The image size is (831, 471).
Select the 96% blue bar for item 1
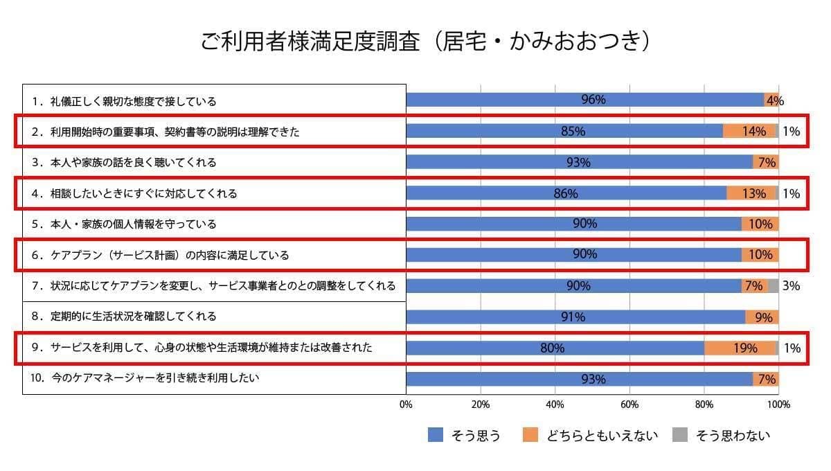point(584,100)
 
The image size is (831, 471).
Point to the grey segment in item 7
point(773,285)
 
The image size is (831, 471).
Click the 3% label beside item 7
point(791,285)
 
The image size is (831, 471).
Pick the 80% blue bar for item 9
point(555,348)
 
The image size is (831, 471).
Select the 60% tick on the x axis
point(629,404)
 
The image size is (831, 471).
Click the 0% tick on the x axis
point(406,404)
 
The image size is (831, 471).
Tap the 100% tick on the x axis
point(778,404)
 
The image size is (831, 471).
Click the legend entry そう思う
point(464,435)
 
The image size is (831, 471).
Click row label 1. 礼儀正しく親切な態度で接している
point(125,101)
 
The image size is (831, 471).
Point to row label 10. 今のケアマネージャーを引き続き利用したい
point(145,378)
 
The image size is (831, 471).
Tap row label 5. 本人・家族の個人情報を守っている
point(125,224)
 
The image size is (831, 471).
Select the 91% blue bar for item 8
point(575,317)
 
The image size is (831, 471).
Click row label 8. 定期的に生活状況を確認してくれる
point(125,317)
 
